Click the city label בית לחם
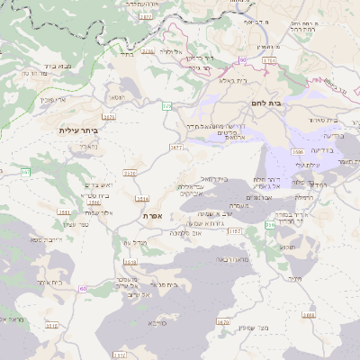[x=287, y=103]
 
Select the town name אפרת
[x=151, y=217]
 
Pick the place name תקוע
[x=288, y=246]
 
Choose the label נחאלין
[x=87, y=146]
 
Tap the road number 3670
[x=223, y=321]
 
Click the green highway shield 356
[x=271, y=226]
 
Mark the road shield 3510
[x=50, y=326]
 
